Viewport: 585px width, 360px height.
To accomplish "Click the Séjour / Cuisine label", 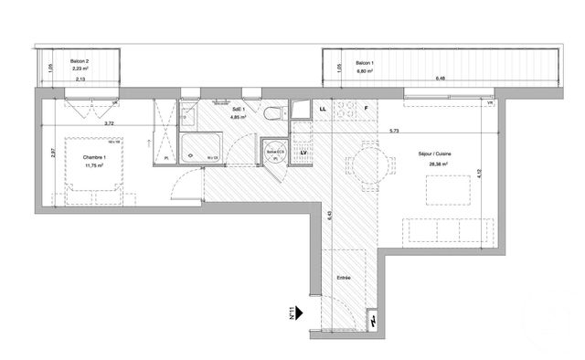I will point(436,154).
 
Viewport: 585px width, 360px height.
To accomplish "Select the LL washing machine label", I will point(323,110).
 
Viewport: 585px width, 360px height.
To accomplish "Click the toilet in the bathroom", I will point(273,114).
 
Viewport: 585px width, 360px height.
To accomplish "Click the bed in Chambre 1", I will point(90,192).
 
